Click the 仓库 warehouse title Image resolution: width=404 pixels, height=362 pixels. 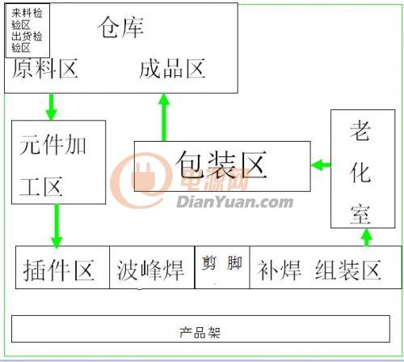(120, 28)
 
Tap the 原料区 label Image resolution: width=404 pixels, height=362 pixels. (45, 69)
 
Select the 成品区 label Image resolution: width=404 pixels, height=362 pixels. (172, 69)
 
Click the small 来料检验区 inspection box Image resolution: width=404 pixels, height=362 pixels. (27, 31)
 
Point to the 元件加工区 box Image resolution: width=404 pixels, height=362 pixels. (58, 162)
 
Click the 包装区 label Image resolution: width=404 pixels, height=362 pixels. (221, 164)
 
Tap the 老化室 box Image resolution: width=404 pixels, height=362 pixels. (363, 168)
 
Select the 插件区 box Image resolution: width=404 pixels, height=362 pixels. (62, 267)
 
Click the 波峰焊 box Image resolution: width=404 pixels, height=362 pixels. (152, 267)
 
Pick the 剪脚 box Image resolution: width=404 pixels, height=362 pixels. (222, 267)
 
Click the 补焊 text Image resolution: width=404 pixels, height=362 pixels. (279, 270)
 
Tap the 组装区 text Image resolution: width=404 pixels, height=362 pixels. (348, 270)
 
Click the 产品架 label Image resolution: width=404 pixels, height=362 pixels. (200, 332)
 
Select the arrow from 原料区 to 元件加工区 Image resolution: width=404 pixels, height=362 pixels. (51, 107)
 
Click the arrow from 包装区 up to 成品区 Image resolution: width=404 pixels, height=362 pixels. (164, 117)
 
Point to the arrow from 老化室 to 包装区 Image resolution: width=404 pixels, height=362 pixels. (321, 164)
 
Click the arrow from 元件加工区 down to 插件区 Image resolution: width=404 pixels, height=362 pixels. (57, 226)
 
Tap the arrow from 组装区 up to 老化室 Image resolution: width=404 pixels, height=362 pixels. (366, 237)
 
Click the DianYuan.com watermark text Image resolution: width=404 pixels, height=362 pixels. (234, 202)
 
